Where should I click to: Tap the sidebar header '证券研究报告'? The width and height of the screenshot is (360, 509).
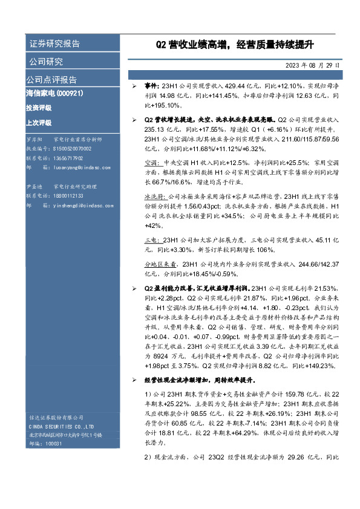tap(54, 44)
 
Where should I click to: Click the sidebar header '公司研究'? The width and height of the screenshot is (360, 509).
tap(45, 62)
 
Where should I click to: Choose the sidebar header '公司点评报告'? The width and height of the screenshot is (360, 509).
tap(51, 80)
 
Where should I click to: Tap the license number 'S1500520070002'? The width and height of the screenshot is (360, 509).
tap(73, 148)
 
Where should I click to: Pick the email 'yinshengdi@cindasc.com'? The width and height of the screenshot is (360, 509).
tap(83, 206)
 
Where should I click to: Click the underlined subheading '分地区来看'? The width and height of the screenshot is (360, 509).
tap(160, 264)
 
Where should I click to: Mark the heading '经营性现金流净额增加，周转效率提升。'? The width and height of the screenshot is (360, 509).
tap(198, 381)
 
